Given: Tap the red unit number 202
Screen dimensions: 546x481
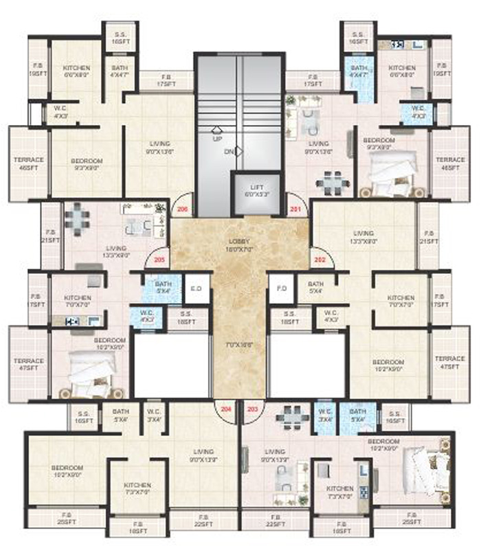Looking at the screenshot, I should (x=320, y=260).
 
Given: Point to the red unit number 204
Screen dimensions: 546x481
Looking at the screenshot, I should (x=225, y=410).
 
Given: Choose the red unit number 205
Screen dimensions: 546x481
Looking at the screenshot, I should (x=160, y=260).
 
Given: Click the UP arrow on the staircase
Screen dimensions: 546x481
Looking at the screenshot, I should (x=216, y=130).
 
